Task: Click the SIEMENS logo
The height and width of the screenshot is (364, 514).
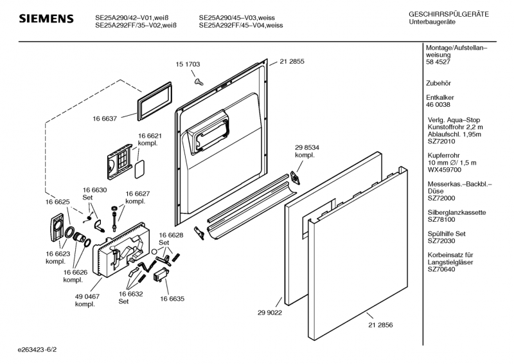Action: pos(45,19)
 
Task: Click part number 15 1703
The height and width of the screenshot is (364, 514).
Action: pos(188,64)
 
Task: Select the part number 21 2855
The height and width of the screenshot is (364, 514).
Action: pos(292,62)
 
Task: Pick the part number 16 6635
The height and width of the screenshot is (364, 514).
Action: pos(172,298)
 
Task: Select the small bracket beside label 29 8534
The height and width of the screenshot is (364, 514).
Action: pos(297,176)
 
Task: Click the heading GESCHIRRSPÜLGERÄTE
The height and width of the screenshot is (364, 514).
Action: pos(448,14)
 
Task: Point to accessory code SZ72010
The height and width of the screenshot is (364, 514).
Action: pos(441,141)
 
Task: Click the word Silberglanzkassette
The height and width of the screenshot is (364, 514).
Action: pos(456,212)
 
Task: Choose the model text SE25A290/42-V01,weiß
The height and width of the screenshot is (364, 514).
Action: pos(136,18)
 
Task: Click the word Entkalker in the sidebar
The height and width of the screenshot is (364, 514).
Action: pos(441,97)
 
